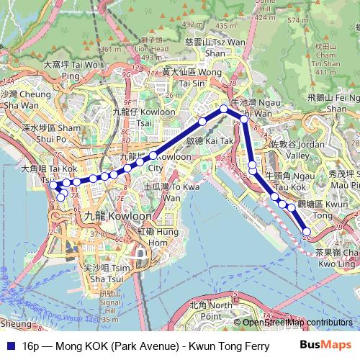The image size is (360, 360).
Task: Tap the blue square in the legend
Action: [10, 346]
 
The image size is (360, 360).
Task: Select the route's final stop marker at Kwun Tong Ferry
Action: [307, 231]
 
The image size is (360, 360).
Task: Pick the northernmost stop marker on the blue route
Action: [224, 109]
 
